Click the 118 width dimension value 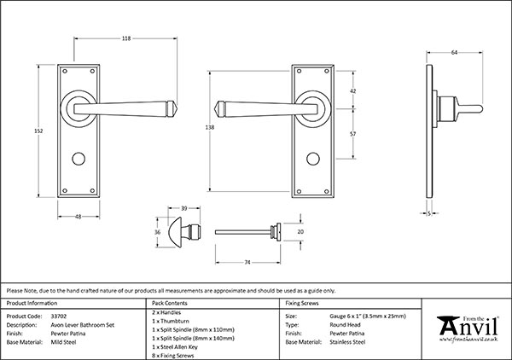click(x=102, y=38)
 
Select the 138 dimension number click(x=210, y=125)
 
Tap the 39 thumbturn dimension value click(x=184, y=207)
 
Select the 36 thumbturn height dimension click(x=157, y=230)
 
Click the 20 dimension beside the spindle click(x=300, y=231)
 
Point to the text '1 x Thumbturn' click(x=172, y=322)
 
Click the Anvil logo click(x=466, y=328)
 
